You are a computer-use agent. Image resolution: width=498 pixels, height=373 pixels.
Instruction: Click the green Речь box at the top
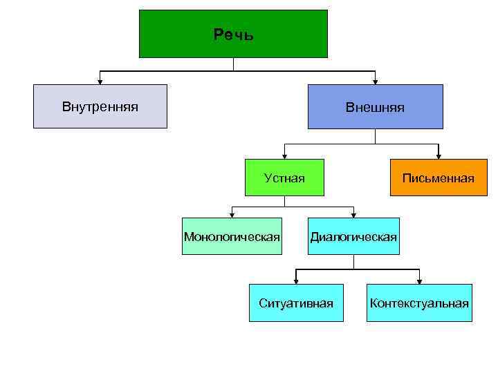point(233,33)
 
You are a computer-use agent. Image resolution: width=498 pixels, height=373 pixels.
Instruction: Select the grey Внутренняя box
point(100,106)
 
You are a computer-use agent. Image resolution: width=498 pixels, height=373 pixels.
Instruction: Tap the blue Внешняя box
point(375,106)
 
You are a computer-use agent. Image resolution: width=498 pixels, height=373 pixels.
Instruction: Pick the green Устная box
point(284,178)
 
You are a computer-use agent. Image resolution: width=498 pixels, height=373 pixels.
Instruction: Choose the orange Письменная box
point(439,178)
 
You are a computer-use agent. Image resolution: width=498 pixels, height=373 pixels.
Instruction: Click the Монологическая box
point(232,237)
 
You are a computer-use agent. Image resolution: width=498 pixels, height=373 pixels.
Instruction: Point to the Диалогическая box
point(353,237)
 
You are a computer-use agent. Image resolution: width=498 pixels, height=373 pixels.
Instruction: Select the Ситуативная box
point(296,303)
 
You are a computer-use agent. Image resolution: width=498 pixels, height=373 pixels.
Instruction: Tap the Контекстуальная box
point(419,303)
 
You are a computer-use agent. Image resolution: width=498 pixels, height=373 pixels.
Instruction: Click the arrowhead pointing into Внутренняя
point(100,81)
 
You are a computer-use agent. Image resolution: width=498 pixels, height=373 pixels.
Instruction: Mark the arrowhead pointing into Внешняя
point(375,81)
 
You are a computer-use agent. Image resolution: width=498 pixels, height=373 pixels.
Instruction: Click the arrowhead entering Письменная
point(438,156)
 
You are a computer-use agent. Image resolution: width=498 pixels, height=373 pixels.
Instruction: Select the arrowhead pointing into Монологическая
point(232,215)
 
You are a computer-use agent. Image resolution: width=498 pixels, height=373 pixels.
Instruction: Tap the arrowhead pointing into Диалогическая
point(353,215)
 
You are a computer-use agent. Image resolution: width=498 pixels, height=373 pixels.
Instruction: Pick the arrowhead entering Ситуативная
point(296,280)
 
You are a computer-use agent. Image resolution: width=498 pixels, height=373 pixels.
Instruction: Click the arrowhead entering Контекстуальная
point(419,280)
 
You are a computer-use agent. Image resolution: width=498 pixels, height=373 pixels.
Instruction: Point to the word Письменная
point(439,179)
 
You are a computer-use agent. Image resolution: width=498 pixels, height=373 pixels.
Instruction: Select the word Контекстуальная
point(419,303)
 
